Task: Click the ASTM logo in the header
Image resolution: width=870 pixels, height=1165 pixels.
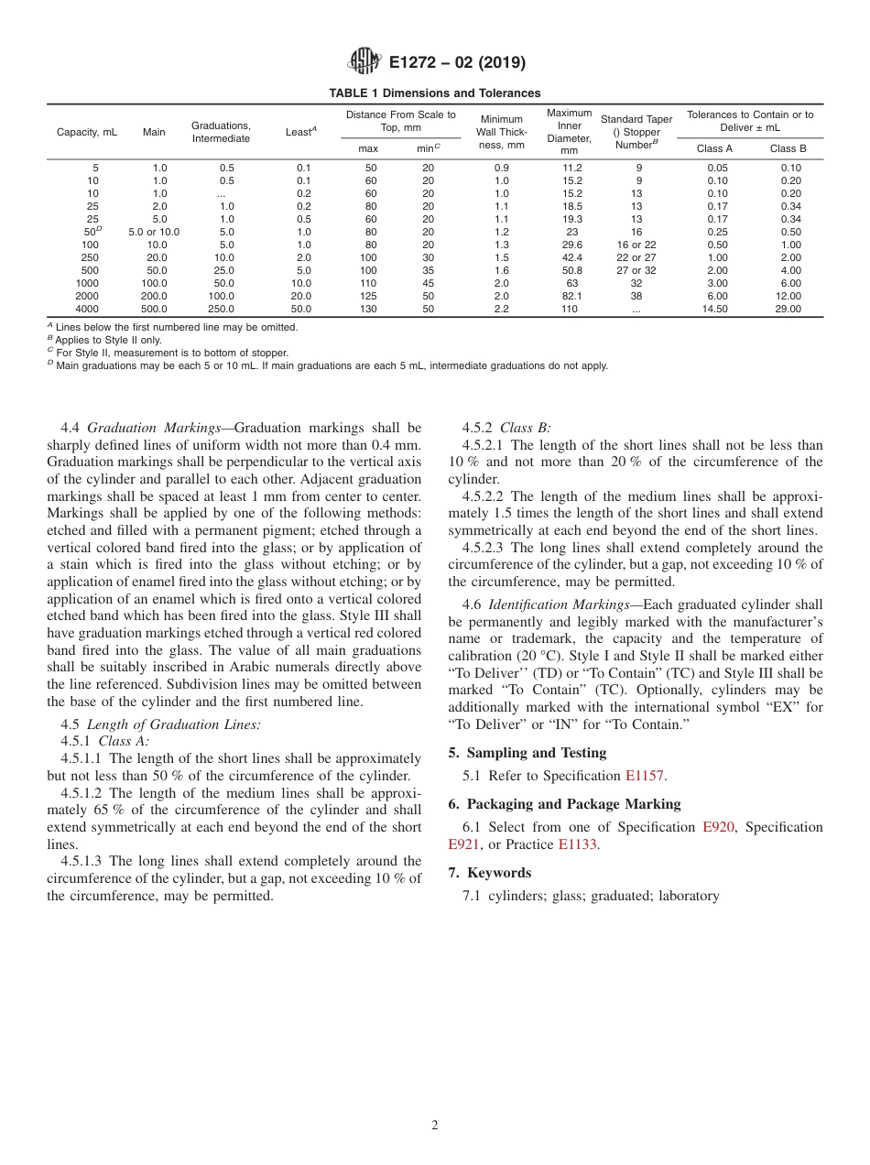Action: [365, 62]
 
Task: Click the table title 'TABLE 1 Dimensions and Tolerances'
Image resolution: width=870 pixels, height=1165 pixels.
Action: [434, 93]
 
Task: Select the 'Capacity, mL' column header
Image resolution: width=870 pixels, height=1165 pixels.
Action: [87, 132]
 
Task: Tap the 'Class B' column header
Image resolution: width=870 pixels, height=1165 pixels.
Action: [788, 148]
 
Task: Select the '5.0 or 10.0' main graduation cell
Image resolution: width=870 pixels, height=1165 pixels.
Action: [154, 233]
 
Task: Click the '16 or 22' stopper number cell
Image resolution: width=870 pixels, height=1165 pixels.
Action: [636, 245]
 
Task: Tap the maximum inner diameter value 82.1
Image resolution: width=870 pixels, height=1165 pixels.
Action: [571, 297]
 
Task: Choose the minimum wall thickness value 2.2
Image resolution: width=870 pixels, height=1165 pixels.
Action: [502, 310]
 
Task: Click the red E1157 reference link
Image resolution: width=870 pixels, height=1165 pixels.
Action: [645, 777]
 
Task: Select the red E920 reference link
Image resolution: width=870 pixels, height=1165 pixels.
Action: [718, 828]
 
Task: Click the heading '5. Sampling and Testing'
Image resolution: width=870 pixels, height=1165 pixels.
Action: [527, 753]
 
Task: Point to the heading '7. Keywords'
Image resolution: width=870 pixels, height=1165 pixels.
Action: [489, 873]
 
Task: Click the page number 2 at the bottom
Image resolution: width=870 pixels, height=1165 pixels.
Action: [435, 1126]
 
